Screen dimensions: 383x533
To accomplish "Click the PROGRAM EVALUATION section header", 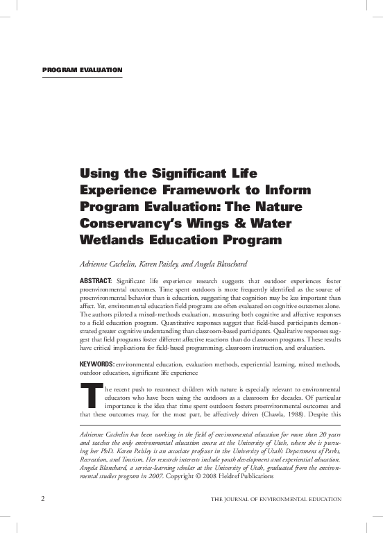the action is (x=83, y=70).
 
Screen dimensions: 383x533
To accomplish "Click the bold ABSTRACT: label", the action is (x=98, y=280).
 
